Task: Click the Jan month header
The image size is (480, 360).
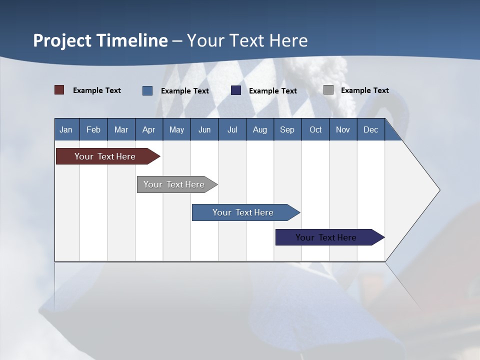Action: point(66,129)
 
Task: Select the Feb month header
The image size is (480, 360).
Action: point(93,129)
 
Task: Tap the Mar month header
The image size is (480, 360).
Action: point(121,129)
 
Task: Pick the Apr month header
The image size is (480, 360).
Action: point(149,129)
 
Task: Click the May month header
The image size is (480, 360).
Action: point(176,129)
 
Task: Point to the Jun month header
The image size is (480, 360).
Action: point(204,129)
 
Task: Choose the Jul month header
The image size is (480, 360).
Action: point(232,129)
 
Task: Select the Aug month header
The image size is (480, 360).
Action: point(260,129)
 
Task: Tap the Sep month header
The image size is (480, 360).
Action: point(287,129)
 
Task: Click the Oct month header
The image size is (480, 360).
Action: point(315,129)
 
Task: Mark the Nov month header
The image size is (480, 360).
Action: point(343,129)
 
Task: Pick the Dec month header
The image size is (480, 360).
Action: point(371,129)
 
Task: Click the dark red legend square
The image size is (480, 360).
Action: point(59,90)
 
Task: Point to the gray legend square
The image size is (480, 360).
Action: point(328,90)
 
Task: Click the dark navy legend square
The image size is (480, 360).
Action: point(236,90)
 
